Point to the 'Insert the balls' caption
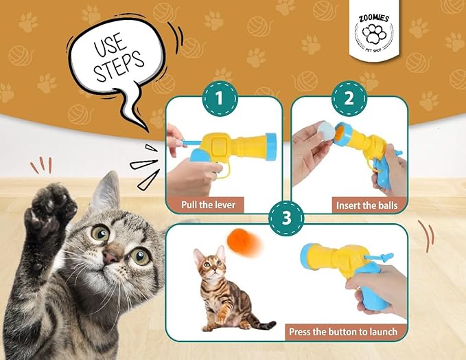(x=366, y=205)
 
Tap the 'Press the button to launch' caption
(x=342, y=331)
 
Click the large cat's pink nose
(x=110, y=256)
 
